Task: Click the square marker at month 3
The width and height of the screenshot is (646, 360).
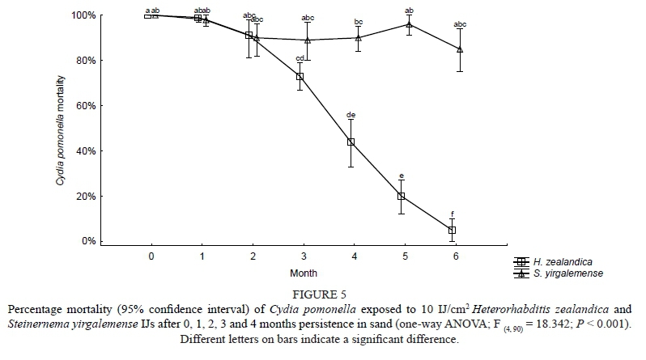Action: coord(300,77)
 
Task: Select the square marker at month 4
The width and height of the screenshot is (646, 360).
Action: coord(351,142)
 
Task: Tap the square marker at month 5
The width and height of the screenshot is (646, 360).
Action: coord(401,197)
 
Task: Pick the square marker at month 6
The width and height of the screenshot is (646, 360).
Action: coord(452,231)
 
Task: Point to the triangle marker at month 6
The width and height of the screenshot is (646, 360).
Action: coord(460,49)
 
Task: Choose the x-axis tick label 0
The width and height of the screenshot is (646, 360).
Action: coord(151,256)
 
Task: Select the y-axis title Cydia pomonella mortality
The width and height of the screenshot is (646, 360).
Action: coord(60,128)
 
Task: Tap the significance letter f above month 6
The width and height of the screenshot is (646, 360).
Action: coord(452,214)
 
